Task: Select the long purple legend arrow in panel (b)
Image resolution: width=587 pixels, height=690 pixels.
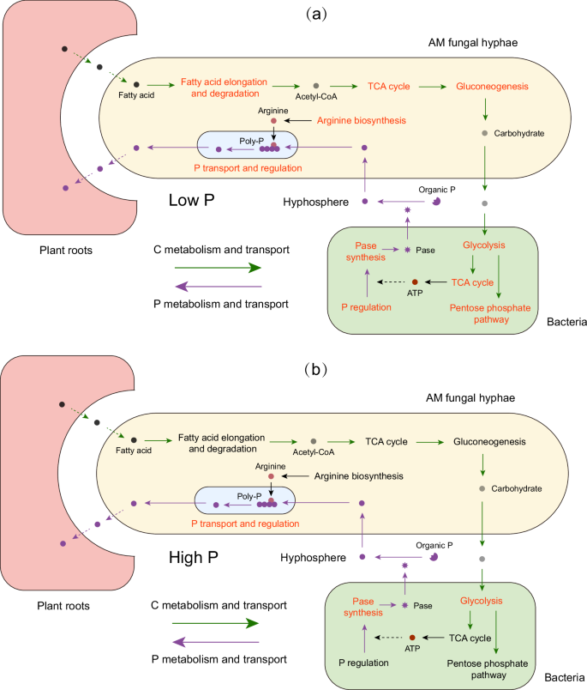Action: [x=215, y=641]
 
